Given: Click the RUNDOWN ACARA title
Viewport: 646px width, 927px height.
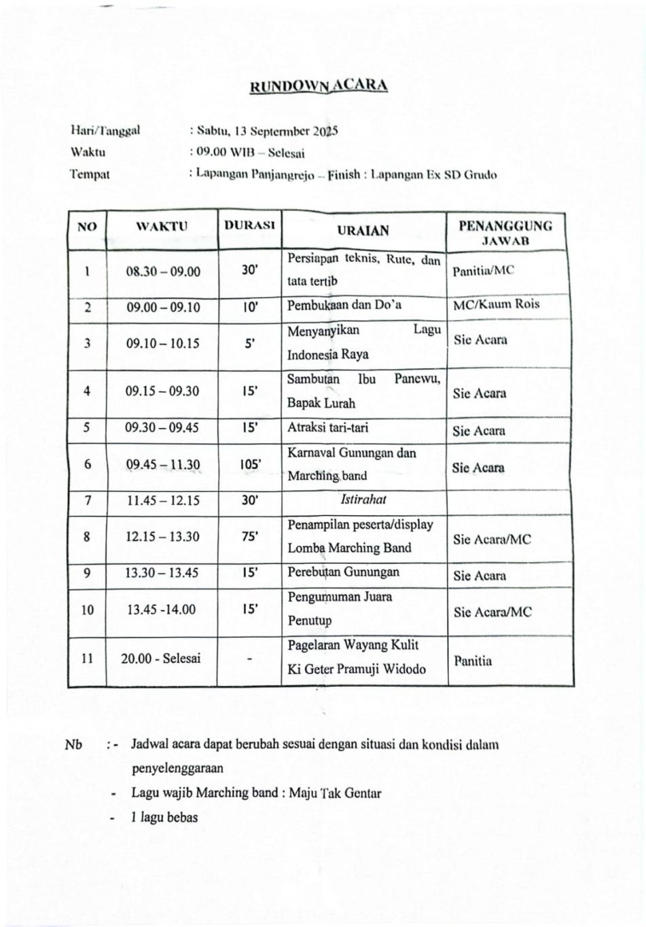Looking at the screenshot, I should (319, 86).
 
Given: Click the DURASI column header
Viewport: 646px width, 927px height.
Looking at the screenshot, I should (249, 225).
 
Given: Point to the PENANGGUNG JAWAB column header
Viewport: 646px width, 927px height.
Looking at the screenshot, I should (505, 232).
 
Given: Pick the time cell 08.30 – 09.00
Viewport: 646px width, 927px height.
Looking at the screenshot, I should (163, 271).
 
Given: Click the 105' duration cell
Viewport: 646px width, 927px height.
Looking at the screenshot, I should (250, 465).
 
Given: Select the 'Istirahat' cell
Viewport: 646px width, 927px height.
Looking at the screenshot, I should (363, 499).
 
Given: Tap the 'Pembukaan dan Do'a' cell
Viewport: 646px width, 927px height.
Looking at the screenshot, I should (344, 305).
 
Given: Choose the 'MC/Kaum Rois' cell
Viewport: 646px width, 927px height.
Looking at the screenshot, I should (497, 304).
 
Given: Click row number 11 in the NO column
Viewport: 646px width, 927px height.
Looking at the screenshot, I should (88, 658).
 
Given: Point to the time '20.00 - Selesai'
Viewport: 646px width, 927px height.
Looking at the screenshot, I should (161, 658).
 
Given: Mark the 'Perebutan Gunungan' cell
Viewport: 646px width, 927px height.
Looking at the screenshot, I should (344, 572).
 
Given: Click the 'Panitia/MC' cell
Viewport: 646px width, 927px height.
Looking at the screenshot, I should (484, 270).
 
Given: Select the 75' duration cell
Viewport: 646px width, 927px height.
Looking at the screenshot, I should (249, 536).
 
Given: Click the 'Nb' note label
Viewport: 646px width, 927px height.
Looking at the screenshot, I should (73, 744).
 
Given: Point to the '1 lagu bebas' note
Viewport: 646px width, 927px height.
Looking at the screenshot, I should (164, 817).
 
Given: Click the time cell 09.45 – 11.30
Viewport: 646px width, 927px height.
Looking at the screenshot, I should (163, 465).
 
